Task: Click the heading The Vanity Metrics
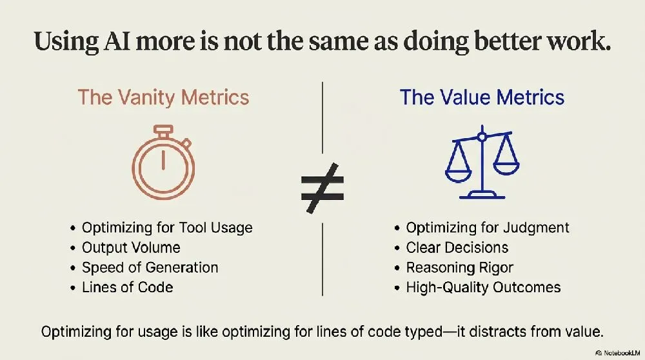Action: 163,97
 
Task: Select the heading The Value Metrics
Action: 482,97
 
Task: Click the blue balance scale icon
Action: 482,162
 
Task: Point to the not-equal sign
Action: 322,188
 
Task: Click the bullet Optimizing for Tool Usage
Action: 167,228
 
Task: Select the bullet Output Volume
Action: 131,247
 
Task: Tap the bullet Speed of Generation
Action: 150,268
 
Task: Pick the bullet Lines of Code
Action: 128,287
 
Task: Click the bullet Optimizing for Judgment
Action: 488,228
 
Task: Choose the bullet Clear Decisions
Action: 457,247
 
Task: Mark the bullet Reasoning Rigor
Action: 459,268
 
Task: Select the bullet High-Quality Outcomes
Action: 483,287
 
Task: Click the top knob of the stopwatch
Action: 163,130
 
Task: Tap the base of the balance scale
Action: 482,195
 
